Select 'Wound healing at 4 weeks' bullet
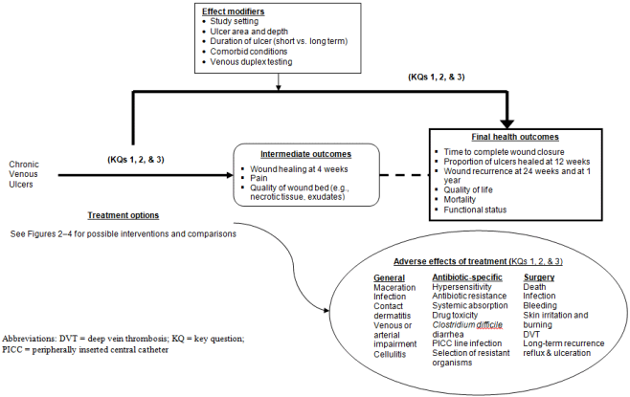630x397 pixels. coord(297,169)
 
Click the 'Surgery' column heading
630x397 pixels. coord(539,276)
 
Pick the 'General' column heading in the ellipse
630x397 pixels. coord(390,276)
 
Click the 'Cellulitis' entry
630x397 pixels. coord(391,353)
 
